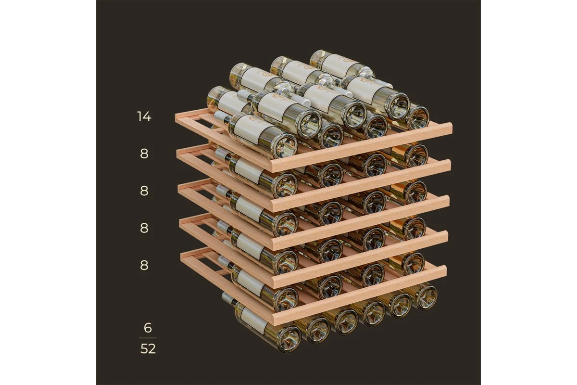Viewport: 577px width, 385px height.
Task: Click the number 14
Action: tap(144, 116)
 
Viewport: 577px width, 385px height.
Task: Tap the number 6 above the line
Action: tap(148, 328)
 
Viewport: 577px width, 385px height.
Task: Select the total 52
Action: tap(148, 348)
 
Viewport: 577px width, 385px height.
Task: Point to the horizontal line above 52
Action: tap(148, 338)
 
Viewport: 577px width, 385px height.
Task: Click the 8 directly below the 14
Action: tap(144, 154)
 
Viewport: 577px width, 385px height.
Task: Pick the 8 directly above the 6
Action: tap(144, 265)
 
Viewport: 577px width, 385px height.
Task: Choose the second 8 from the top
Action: tap(144, 191)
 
